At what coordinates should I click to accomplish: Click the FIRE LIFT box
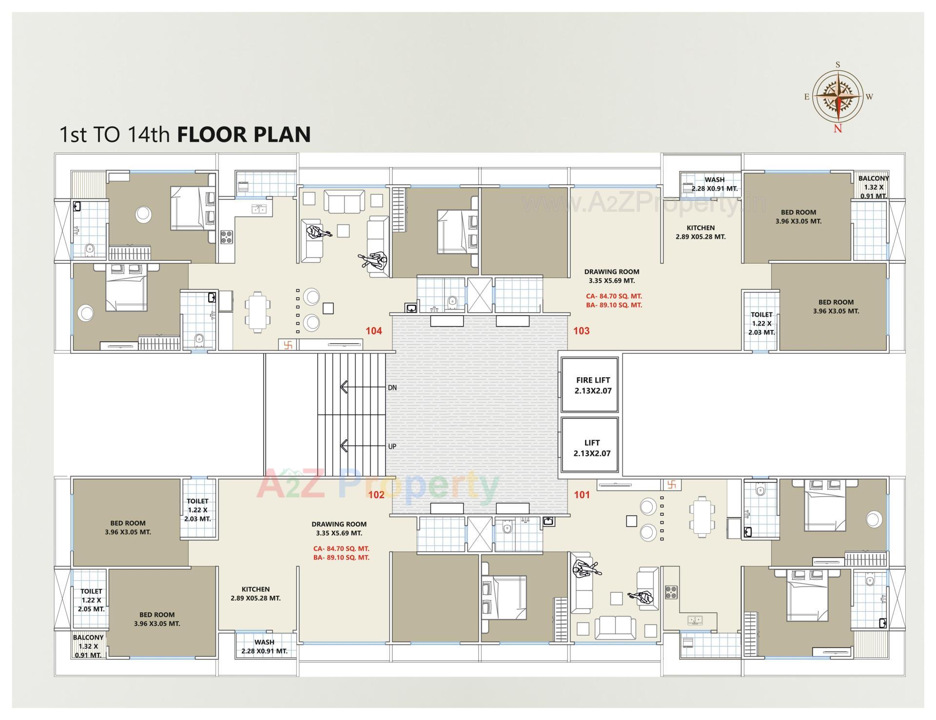click(590, 385)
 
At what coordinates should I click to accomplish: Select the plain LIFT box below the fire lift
click(590, 448)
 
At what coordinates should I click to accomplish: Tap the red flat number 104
click(373, 331)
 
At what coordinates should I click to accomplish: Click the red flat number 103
click(581, 331)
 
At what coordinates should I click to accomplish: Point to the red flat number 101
click(582, 495)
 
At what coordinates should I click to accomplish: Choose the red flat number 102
click(376, 495)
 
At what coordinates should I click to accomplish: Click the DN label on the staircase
click(392, 388)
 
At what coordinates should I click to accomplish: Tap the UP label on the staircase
click(392, 447)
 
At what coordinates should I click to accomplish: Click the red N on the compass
click(838, 129)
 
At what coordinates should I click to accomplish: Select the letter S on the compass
click(838, 64)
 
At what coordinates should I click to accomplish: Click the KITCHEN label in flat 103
click(701, 228)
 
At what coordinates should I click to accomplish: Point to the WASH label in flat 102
click(264, 642)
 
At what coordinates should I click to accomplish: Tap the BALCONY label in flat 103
click(873, 178)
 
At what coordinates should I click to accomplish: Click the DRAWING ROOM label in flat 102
click(339, 524)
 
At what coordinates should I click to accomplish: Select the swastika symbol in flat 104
click(288, 345)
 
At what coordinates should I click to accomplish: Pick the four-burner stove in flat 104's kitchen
click(226, 237)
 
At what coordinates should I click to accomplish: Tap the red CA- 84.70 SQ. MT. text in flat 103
click(614, 296)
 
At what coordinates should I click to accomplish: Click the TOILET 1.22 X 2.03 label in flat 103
click(761, 323)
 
